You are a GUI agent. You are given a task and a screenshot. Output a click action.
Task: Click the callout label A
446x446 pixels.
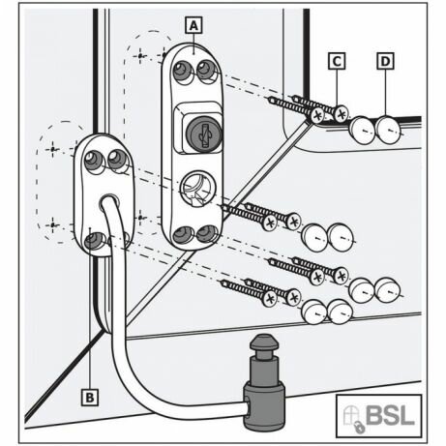click(x=193, y=25)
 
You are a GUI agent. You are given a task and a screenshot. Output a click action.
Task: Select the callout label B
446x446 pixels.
click(x=89, y=397)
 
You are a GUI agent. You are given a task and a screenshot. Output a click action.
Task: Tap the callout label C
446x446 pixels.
click(x=337, y=61)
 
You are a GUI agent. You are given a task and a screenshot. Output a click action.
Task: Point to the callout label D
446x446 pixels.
click(x=385, y=61)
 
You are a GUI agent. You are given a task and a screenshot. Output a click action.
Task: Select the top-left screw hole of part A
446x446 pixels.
click(x=181, y=71)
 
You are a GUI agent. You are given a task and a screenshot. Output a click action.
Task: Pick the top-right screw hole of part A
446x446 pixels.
click(x=205, y=69)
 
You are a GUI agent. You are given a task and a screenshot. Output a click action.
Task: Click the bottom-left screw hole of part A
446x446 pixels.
click(x=181, y=234)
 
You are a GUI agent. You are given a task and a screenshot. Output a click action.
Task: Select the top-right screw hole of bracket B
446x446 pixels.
click(x=116, y=159)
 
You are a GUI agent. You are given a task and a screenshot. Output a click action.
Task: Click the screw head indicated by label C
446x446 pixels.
click(x=342, y=114)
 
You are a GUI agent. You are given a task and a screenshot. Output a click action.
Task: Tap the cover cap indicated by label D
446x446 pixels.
click(x=388, y=130)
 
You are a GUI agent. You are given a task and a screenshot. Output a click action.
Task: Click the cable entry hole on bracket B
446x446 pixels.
click(x=109, y=200)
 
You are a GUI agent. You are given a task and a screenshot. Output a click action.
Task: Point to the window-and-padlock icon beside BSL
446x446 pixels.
click(x=354, y=418)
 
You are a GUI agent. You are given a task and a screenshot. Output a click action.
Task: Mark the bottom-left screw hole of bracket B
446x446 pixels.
click(x=94, y=242)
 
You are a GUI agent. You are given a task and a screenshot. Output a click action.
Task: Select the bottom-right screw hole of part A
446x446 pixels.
click(x=206, y=233)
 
